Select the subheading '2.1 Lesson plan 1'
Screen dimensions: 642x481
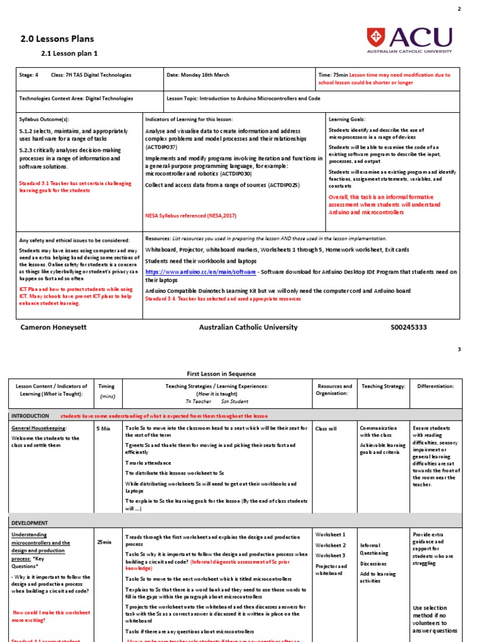click(x=70, y=54)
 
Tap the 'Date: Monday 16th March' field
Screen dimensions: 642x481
click(x=198, y=75)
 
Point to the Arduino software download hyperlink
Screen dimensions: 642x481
click(x=200, y=272)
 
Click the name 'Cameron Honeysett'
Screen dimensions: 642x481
click(x=54, y=327)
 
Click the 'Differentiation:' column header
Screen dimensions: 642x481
click(x=436, y=386)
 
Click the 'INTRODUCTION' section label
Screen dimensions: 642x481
click(x=30, y=416)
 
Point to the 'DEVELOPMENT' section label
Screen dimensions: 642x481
click(x=29, y=522)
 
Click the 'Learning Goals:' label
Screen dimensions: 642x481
click(x=346, y=118)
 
